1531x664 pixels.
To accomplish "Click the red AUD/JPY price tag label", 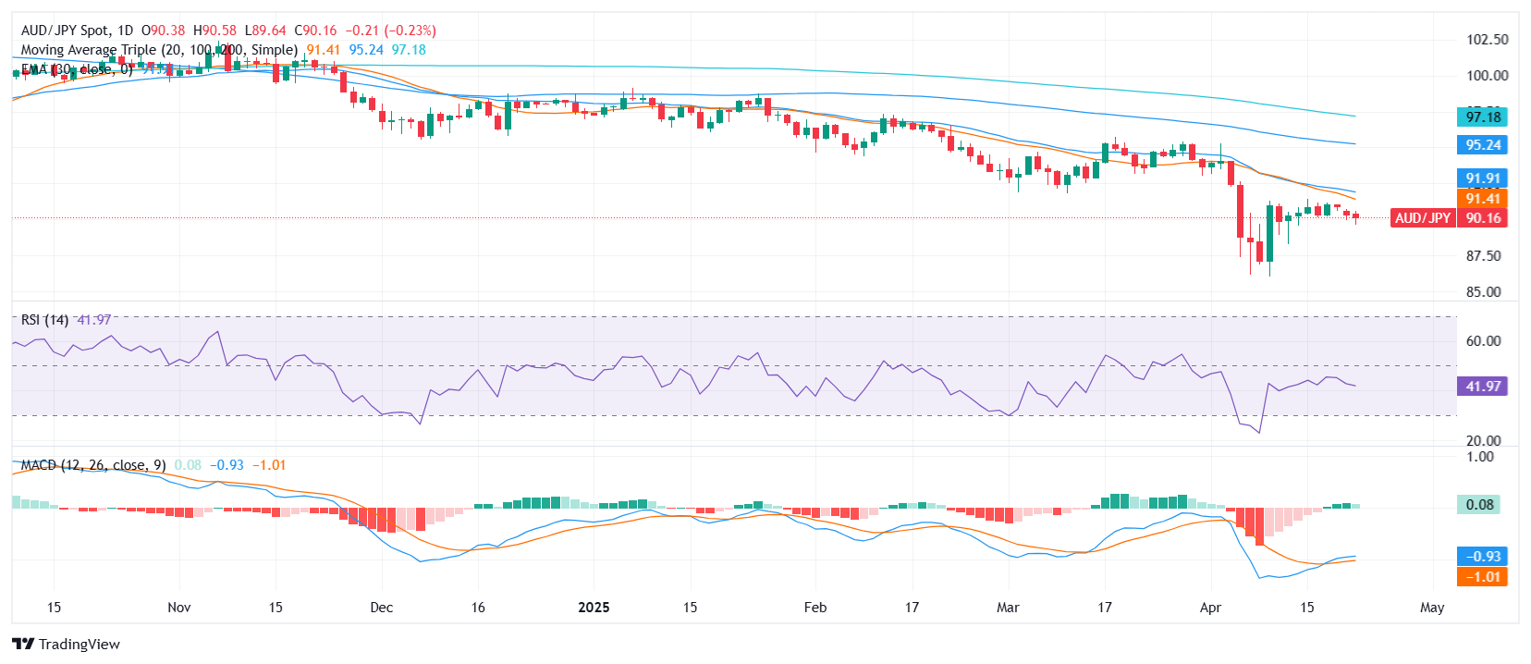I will pos(1423,218).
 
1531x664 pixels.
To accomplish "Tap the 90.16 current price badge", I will pos(1482,218).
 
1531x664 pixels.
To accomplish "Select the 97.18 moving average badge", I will pos(1482,117).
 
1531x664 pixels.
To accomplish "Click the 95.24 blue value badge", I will pos(1482,145).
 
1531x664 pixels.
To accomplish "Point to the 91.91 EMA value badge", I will pos(1482,178).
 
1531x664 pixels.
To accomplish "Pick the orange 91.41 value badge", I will pos(1482,198).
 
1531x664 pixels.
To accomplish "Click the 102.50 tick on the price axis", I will pos(1487,40).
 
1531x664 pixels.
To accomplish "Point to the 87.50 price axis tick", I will pos(1483,256).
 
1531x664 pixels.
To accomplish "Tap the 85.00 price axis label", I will pos(1483,292).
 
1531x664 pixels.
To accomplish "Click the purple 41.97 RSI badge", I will pos(1482,387).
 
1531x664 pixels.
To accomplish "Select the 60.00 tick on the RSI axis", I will pos(1483,341).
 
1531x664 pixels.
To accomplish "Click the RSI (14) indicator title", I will pos(44,320).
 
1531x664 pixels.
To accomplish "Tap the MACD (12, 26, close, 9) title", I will pos(93,465).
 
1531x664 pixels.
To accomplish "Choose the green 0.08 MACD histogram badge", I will pos(1479,505).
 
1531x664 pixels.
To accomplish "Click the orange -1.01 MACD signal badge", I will pos(1482,577).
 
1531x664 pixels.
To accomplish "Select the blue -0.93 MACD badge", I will pos(1482,557).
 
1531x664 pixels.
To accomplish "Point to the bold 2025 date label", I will pos(594,608).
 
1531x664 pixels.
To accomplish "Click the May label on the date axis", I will pos(1431,608).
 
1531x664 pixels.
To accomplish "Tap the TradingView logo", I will pos(67,645).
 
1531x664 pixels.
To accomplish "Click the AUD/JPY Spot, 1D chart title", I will pos(78,31).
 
